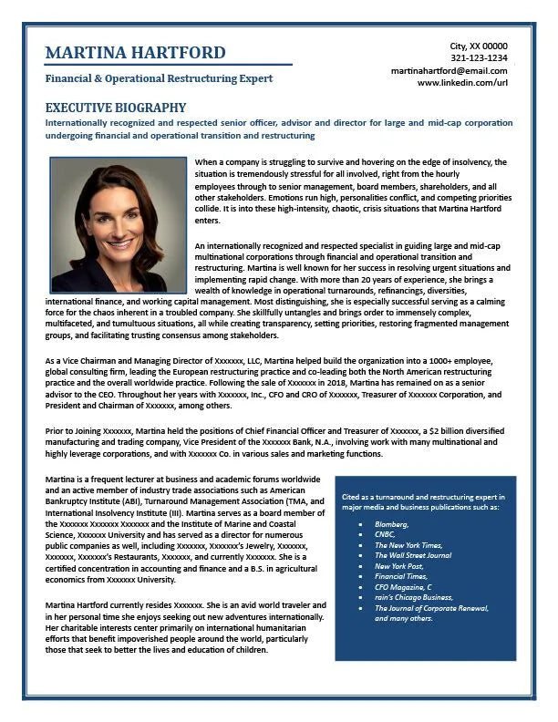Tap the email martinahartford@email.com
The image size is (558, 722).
tap(449, 70)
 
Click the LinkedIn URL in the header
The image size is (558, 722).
tap(462, 83)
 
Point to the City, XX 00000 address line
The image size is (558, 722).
tap(479, 46)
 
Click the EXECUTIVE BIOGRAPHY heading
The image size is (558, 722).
tap(115, 108)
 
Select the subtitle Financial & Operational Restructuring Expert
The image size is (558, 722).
tap(159, 78)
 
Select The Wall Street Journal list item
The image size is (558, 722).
tap(413, 555)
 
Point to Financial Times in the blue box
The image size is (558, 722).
tap(402, 576)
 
